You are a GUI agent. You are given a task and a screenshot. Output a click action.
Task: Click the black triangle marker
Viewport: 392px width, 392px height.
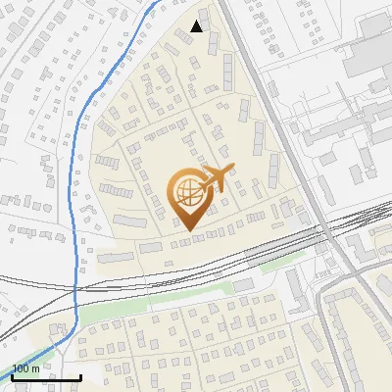pos(197,26)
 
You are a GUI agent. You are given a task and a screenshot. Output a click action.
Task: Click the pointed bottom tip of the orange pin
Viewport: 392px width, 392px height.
pos(187,230)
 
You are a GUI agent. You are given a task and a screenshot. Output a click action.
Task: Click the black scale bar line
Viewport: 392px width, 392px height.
pos(45,377)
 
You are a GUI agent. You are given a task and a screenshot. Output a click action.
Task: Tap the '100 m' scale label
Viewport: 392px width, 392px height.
pos(25,368)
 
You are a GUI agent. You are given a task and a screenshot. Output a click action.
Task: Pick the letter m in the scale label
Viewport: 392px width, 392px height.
pos(35,368)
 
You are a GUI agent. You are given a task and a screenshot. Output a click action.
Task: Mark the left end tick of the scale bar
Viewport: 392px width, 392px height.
pos(12,375)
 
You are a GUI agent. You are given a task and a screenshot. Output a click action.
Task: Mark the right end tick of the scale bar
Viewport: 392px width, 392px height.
pos(79,375)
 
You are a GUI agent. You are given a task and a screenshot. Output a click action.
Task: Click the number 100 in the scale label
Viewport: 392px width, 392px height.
pos(21,368)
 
